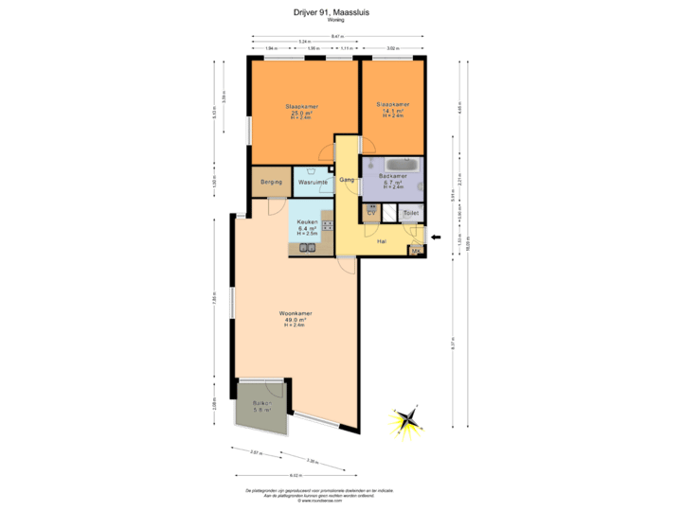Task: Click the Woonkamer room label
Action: point(296,313)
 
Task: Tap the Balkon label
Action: point(261,403)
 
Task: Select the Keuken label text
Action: point(306,221)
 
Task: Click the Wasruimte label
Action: point(312,181)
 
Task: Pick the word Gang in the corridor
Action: point(347,179)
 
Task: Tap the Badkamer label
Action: point(392,176)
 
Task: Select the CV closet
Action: point(372,213)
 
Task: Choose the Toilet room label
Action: point(410,213)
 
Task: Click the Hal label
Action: point(382,241)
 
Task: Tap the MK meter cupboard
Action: point(414,251)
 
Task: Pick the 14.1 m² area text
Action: point(392,110)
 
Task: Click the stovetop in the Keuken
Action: point(327,225)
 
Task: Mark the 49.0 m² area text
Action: point(296,320)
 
